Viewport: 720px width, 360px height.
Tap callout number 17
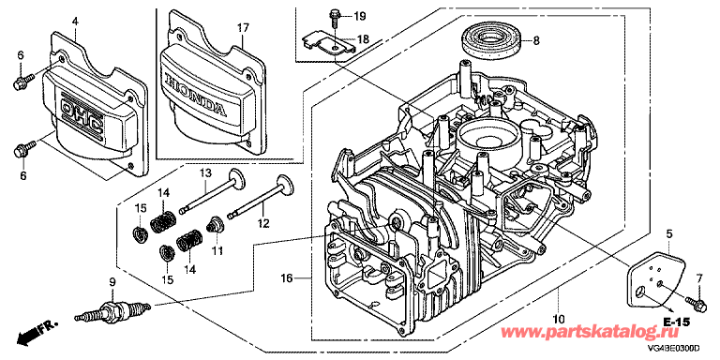(x=243, y=28)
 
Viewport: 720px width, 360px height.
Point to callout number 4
(x=75, y=21)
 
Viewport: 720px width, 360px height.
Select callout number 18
(x=363, y=39)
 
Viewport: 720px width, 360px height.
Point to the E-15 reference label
(x=676, y=322)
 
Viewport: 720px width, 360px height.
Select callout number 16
(x=287, y=277)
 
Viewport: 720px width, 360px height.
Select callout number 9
(x=111, y=281)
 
